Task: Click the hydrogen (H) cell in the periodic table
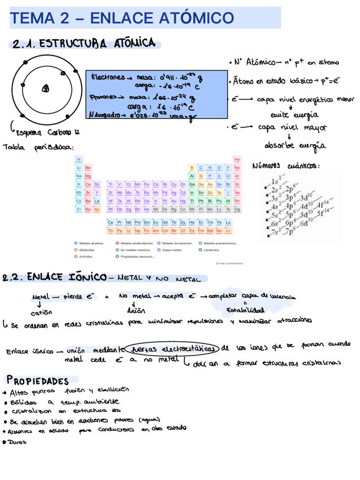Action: [79, 160]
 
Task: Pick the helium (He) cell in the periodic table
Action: [237, 160]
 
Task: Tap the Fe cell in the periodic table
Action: [147, 184]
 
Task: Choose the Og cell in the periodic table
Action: [237, 209]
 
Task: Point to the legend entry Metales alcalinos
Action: [91, 243]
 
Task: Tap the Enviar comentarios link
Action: [230, 263]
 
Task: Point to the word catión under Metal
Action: [41, 312]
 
